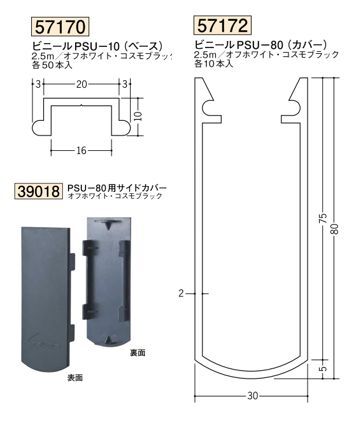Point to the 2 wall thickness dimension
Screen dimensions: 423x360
(x=181, y=293)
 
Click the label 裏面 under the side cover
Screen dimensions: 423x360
(x=138, y=353)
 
